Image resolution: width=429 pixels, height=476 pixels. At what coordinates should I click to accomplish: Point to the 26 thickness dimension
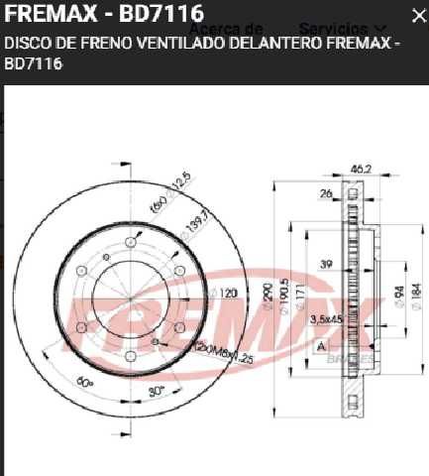tap(326, 193)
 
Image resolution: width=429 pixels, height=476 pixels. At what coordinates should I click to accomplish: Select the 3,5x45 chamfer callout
tap(326, 318)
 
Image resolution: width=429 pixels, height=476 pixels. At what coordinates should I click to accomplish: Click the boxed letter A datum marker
tap(321, 346)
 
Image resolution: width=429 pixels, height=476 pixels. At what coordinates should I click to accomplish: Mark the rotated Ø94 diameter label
tap(396, 296)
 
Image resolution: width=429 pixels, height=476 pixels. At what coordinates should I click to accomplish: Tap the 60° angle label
tap(84, 382)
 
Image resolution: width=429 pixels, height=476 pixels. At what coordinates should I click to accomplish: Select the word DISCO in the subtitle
tap(27, 44)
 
